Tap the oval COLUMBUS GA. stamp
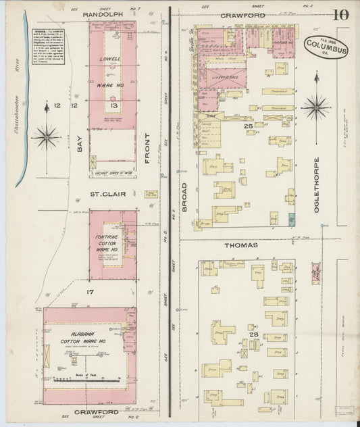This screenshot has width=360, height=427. click(326, 48)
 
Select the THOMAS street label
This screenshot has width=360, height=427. click(240, 245)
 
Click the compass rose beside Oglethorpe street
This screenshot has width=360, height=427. click(315, 106)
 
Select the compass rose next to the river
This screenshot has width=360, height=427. click(45, 137)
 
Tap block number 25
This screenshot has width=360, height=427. click(248, 126)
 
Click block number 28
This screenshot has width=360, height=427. click(253, 334)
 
